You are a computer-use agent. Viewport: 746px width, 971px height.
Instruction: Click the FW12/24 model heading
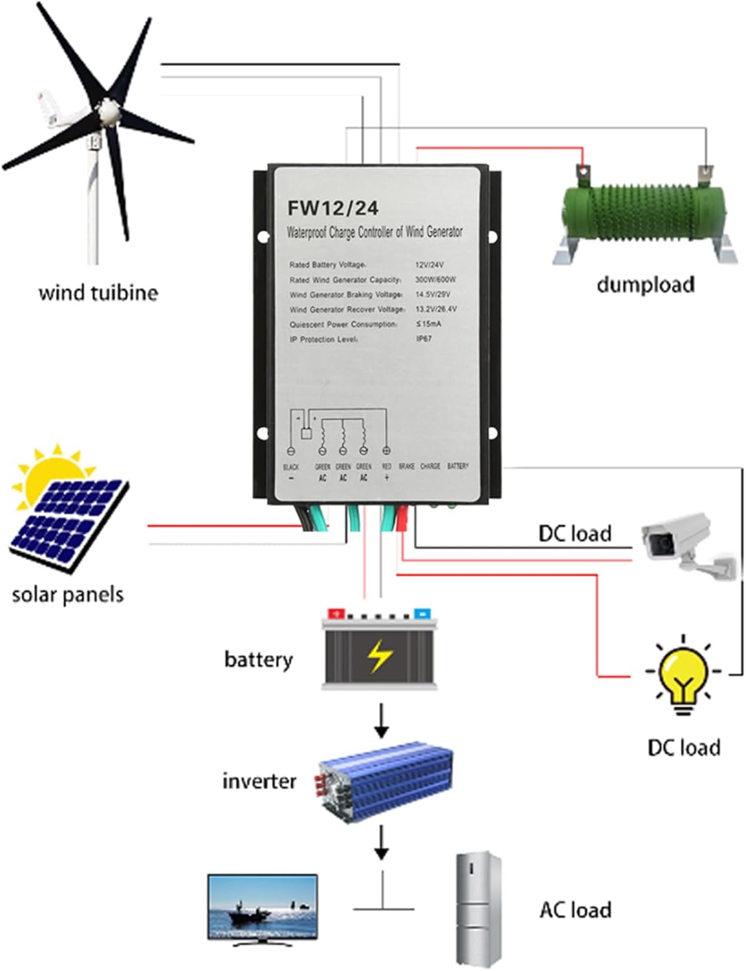tap(333, 208)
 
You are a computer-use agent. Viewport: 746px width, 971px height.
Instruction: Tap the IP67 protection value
tap(424, 339)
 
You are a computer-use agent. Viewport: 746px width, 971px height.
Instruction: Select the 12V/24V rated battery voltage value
tap(429, 265)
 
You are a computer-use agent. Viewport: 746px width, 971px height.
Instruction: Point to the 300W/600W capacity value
tap(435, 280)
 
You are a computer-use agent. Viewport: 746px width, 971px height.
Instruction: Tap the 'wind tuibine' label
tap(98, 293)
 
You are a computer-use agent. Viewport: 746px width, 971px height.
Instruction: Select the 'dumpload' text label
tap(645, 284)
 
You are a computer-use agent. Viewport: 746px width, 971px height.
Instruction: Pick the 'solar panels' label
tap(68, 594)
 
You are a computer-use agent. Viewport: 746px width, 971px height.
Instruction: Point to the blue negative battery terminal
tap(422, 612)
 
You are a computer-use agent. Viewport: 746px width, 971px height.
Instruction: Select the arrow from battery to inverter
tap(382, 720)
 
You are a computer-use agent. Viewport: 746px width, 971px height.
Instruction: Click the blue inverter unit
tap(386, 782)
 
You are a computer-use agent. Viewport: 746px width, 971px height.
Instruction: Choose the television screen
tap(262, 906)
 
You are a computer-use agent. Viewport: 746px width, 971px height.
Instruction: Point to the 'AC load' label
tap(575, 910)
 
